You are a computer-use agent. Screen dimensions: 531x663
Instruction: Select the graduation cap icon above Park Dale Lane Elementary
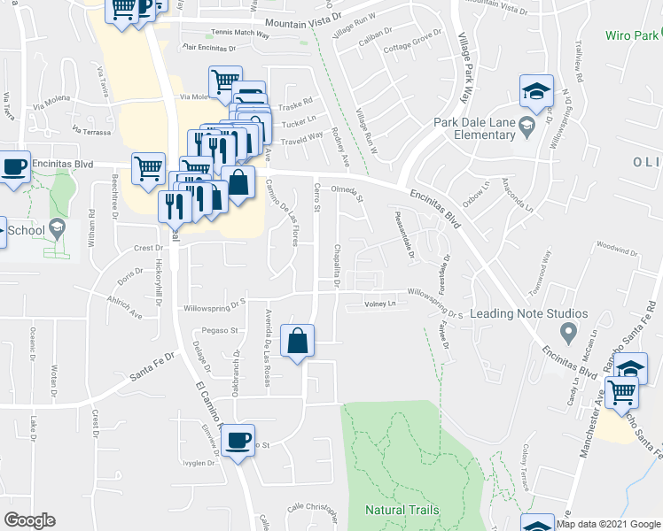click(536, 91)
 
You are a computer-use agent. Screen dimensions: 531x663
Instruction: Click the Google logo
click(29, 520)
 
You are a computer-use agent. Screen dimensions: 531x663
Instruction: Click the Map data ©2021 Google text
click(608, 524)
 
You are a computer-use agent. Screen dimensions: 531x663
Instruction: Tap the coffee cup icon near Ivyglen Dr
click(237, 441)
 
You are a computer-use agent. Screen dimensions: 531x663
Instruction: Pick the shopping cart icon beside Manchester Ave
click(622, 392)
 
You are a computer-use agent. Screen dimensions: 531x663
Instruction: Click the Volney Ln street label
click(379, 304)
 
